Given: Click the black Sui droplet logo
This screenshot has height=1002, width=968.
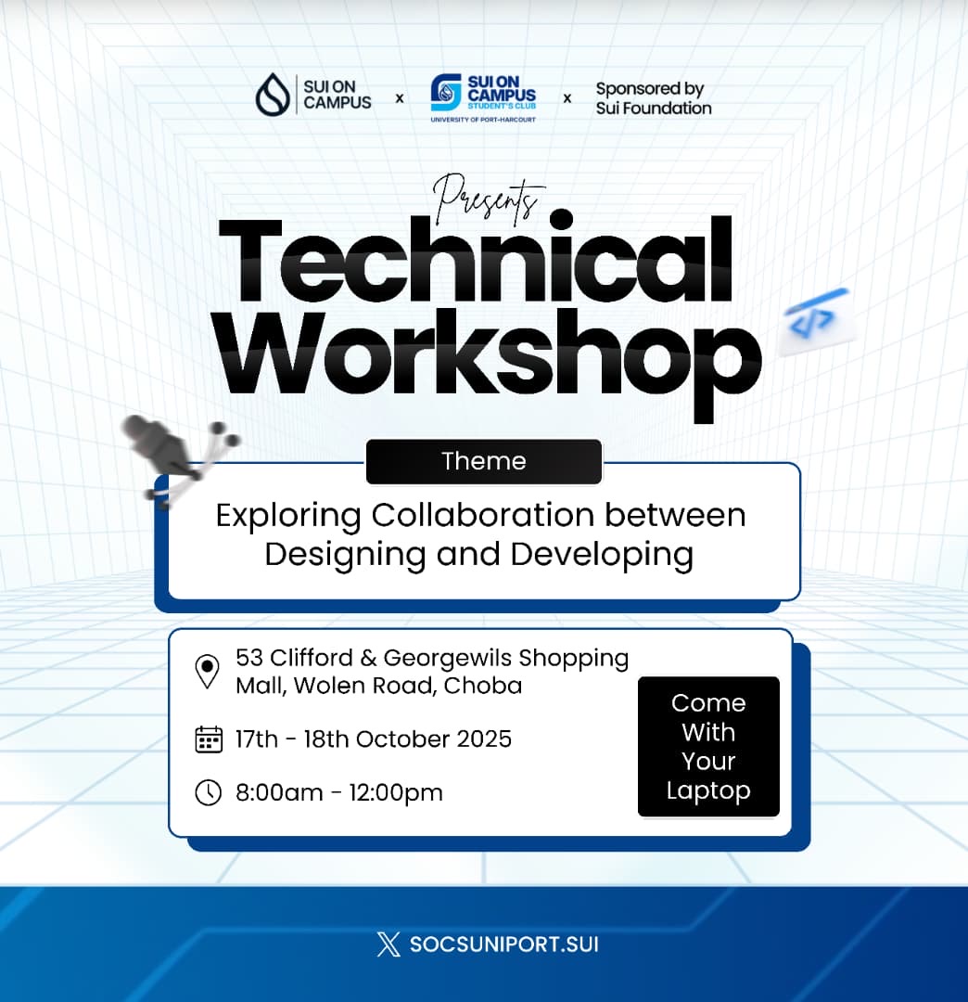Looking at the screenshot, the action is point(273,94).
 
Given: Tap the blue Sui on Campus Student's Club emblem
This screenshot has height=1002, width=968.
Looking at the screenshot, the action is point(446,92).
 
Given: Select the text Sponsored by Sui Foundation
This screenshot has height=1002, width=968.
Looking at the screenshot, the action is point(653,98).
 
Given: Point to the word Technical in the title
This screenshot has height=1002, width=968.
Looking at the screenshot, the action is point(475,260).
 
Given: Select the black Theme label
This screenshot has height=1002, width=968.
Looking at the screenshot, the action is point(484,461).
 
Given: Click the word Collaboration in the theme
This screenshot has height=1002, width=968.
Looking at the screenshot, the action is point(483,515).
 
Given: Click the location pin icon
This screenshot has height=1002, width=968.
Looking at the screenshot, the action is point(207,672).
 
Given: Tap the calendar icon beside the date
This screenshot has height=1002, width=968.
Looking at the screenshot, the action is point(209,740).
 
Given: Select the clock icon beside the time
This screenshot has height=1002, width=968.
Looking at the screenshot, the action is point(209,793).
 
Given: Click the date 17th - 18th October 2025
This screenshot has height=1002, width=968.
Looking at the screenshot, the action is point(374,739).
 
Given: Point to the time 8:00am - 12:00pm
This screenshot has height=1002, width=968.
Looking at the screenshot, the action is point(339,793).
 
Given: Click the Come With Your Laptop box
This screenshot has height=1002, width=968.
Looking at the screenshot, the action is point(708,746).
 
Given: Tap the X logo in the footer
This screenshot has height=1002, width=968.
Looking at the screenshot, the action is point(388,944).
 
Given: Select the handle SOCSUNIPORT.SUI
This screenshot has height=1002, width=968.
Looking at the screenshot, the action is point(504,944).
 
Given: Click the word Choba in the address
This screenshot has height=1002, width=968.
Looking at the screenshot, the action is point(483,686).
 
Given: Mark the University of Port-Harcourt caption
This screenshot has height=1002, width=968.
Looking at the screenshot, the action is point(483,120).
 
